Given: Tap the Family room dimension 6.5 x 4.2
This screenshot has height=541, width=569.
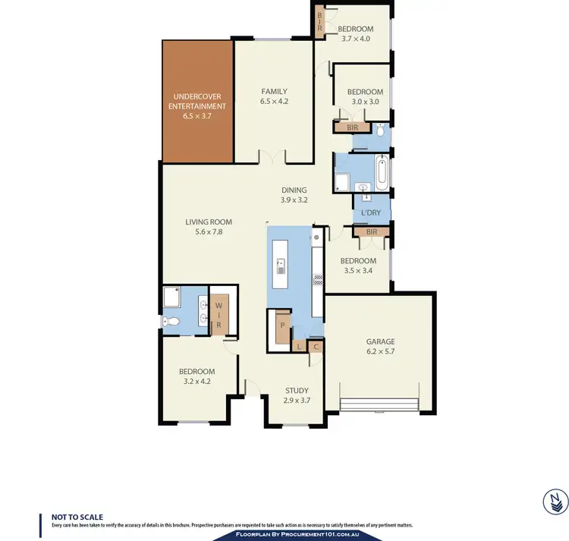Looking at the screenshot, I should click(274, 101).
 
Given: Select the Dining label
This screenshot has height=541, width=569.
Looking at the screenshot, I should click(294, 190).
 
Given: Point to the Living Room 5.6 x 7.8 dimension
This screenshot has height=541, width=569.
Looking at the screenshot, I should click(209, 233).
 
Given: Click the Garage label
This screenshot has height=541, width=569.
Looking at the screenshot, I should click(379, 342).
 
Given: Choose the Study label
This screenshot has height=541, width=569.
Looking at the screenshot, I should click(297, 390).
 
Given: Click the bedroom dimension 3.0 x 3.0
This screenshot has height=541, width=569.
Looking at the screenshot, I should click(366, 102).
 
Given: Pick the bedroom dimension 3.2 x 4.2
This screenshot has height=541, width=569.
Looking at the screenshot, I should click(196, 382).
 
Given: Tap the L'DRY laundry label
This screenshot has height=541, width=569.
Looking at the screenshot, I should click(371, 212).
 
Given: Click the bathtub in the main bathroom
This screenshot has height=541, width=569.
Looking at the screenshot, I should click(381, 173).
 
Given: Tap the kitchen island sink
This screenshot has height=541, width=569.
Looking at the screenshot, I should click(281, 266).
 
